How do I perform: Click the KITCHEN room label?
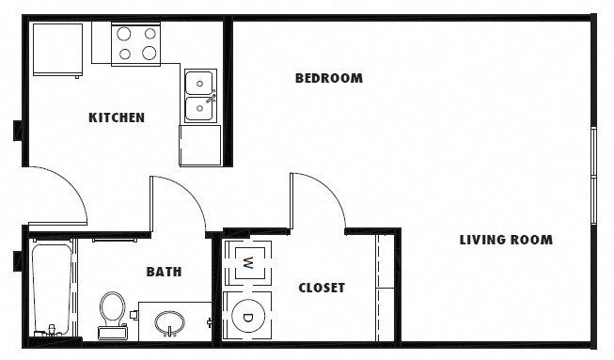point(117,117)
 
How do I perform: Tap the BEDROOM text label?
point(328,78)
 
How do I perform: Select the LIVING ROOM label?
point(505,240)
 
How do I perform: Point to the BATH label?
point(164,272)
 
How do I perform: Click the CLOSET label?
point(322,288)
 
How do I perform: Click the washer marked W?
point(248,261)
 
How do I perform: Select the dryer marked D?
point(248,317)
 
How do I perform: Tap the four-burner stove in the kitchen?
point(136,43)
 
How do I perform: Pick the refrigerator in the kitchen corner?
point(59,50)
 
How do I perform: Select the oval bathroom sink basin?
point(170,323)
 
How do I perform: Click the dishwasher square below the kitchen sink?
point(199,144)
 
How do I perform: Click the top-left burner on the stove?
point(124,34)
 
